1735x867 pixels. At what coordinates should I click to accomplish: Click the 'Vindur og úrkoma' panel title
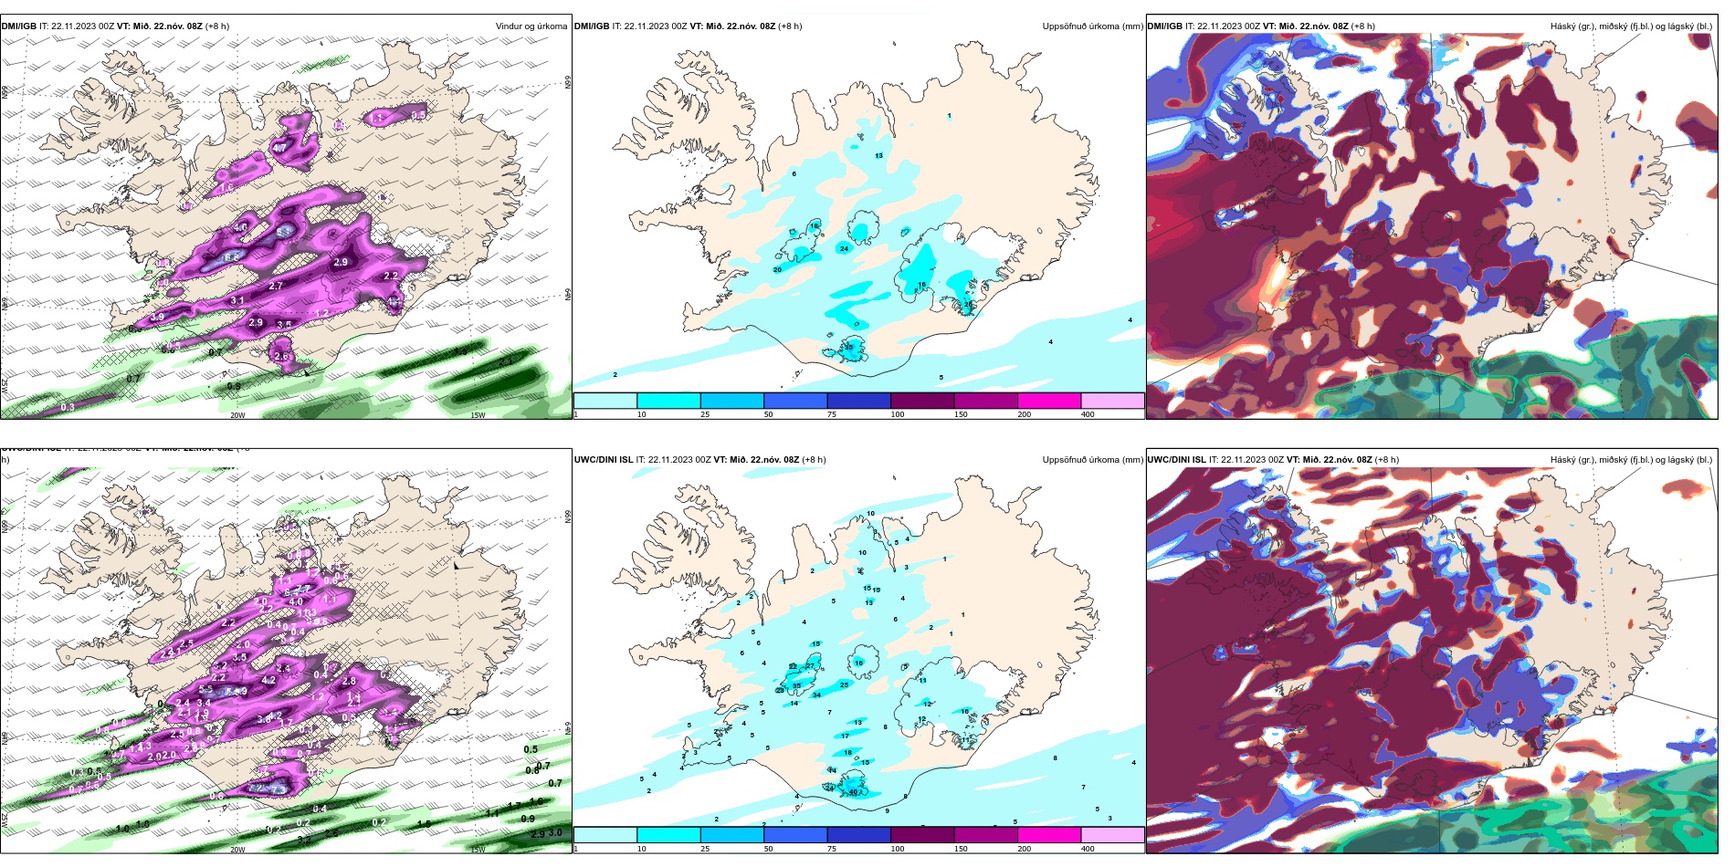[531, 26]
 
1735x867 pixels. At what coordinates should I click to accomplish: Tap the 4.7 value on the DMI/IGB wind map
[279, 147]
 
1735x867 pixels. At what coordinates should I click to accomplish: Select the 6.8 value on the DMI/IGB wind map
[231, 258]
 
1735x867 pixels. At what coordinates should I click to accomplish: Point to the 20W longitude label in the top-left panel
[237, 415]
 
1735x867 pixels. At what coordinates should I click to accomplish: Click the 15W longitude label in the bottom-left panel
[477, 850]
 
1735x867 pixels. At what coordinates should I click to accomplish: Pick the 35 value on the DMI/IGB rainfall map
[848, 348]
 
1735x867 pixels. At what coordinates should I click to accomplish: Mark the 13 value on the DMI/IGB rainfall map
[878, 156]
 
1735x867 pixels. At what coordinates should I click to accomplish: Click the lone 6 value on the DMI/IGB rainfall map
[794, 173]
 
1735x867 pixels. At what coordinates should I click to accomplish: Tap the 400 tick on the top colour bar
[1088, 414]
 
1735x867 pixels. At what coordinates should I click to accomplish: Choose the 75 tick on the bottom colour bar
[832, 849]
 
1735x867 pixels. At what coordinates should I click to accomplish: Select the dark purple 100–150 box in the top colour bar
[921, 401]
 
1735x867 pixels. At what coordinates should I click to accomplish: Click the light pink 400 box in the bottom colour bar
[1112, 835]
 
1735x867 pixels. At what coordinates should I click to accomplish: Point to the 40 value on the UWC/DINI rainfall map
[853, 792]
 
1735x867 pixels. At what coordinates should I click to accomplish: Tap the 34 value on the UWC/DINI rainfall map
[816, 695]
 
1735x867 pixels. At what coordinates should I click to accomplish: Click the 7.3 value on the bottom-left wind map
[279, 789]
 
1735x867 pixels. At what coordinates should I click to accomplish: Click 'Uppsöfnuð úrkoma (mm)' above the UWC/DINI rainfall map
[1092, 460]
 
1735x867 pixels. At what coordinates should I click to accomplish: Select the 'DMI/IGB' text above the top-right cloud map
[1164, 26]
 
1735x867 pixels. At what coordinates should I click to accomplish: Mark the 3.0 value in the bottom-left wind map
[554, 832]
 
